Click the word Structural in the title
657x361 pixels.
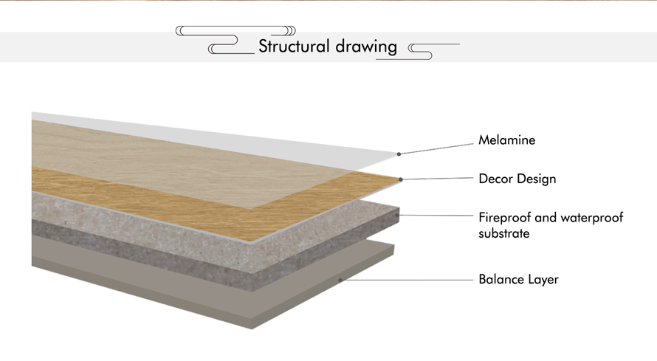[x=294, y=46]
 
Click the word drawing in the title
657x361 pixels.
[x=366, y=47]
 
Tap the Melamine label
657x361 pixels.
[x=507, y=140]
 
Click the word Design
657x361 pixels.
[x=537, y=179]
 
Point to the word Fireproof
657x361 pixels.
[x=505, y=218]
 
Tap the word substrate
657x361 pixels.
[x=504, y=233]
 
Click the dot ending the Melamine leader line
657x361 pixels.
[x=399, y=154]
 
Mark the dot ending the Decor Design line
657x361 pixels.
[x=401, y=179]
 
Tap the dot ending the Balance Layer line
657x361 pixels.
[x=340, y=280]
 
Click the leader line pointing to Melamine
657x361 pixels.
[x=436, y=149]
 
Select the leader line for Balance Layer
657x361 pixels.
[x=407, y=280]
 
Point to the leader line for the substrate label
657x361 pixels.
[x=436, y=216]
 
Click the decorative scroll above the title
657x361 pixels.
[x=235, y=30]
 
